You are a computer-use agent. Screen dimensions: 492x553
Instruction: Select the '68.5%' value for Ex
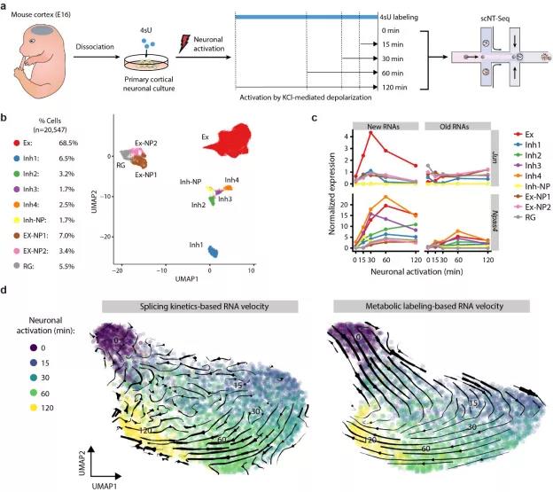point(80,142)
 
